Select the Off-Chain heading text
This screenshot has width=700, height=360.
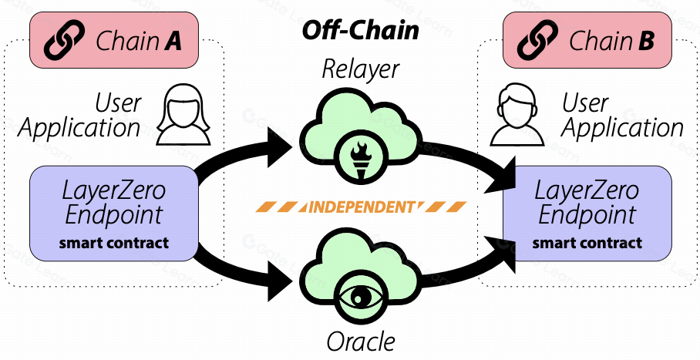coord(360,30)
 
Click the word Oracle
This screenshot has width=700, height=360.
coord(360,340)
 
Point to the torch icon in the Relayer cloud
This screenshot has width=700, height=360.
coord(360,155)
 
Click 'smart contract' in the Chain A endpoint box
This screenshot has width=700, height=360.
coord(114,244)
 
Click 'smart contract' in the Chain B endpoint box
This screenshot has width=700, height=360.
coord(587,244)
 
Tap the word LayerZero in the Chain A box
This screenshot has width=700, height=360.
coord(114,190)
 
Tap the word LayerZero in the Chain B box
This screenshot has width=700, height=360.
coord(587,190)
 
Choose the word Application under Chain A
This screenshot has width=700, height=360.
coord(79,128)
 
